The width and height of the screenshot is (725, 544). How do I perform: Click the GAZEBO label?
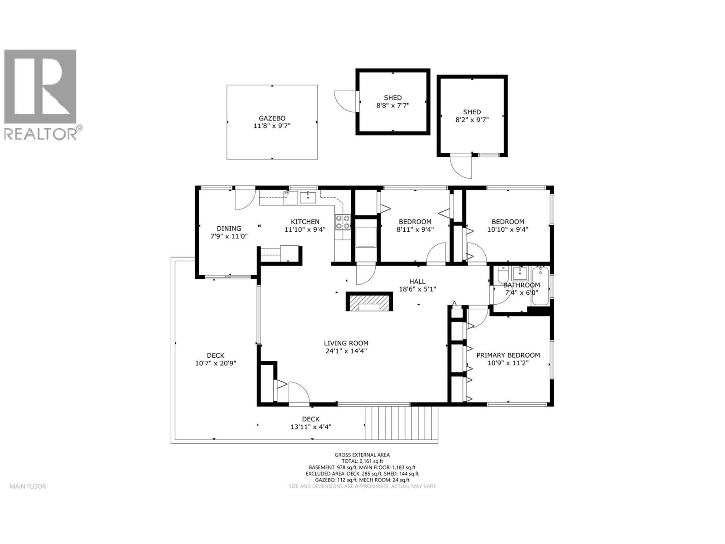272,118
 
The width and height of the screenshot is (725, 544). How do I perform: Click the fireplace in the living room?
369,302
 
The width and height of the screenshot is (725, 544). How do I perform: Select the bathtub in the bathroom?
541,287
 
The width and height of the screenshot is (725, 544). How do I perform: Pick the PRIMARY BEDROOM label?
508,355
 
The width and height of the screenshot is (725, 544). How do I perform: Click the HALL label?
417,282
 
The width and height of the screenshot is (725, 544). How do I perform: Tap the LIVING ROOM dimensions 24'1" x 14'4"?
346,351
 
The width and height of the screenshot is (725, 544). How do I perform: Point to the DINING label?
229,228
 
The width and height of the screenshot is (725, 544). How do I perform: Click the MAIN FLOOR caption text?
28,486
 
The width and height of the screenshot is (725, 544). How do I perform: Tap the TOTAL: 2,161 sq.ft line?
362,461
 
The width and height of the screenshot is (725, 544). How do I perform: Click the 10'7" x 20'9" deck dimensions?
216,363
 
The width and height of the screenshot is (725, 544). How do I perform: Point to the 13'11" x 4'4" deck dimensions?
311,427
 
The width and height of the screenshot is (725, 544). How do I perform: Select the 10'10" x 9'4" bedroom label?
508,229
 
